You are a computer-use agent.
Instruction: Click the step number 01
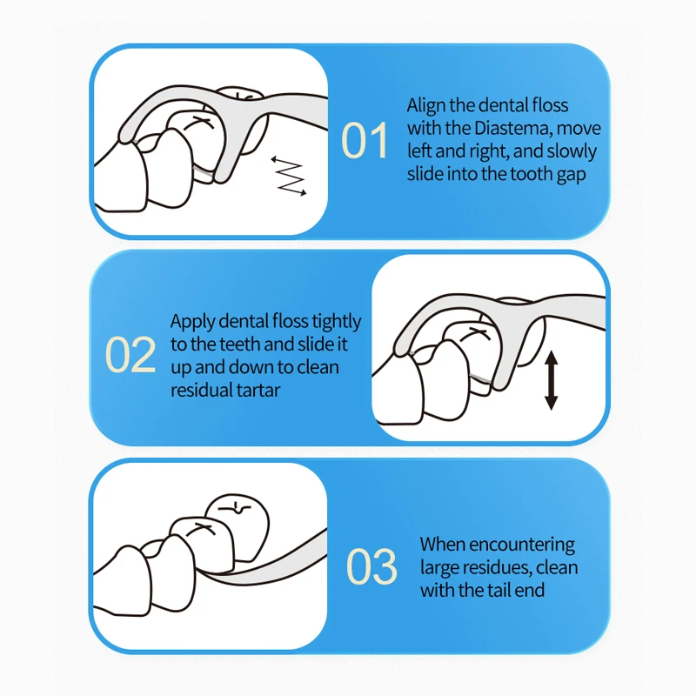point(365,140)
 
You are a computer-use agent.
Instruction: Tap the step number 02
point(130,354)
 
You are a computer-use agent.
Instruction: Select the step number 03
point(371,566)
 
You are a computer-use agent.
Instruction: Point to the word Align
point(426,106)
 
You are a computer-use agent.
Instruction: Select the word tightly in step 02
point(336,322)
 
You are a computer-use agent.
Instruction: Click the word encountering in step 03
point(521,545)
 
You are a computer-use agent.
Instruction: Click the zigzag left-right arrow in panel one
point(289,176)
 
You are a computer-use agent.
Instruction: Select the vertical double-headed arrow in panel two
point(551,380)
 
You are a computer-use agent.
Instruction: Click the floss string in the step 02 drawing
point(480,378)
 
